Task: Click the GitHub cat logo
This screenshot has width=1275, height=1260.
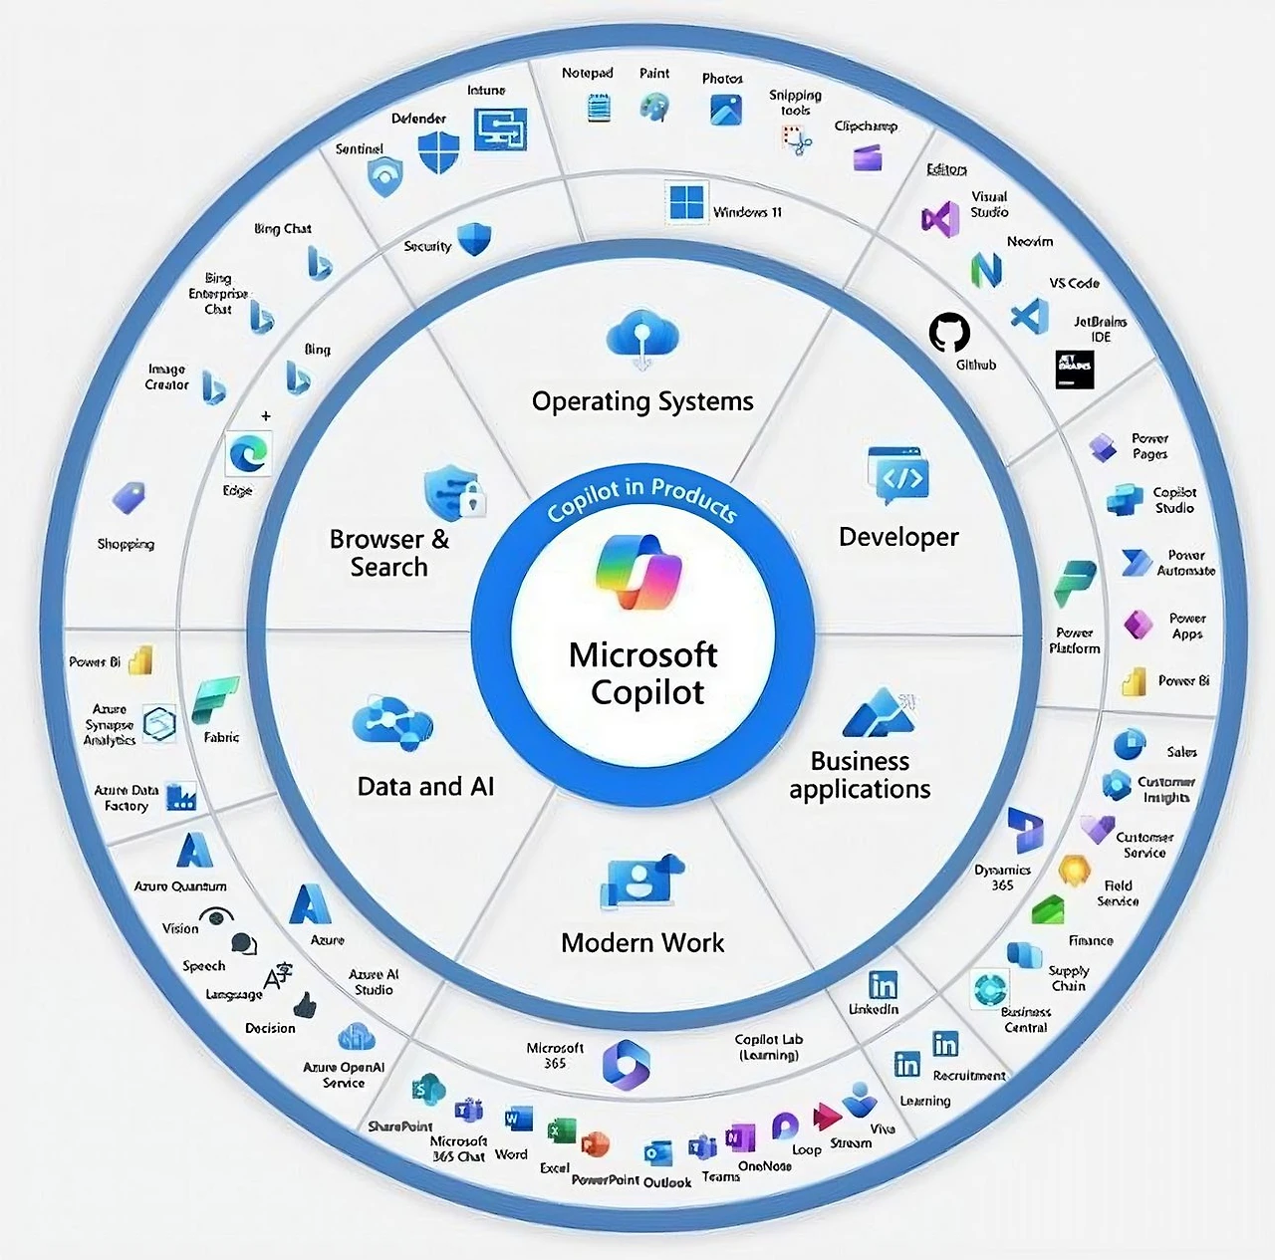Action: click(x=949, y=333)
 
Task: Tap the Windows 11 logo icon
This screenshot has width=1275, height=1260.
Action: click(x=686, y=203)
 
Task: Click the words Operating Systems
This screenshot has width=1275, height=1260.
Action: click(x=642, y=401)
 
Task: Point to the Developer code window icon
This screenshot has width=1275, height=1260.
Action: click(x=898, y=473)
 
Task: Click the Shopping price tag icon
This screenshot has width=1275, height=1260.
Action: click(x=128, y=497)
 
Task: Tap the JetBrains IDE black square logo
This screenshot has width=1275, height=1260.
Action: click(x=1075, y=369)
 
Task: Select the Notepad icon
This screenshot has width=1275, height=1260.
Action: click(x=599, y=108)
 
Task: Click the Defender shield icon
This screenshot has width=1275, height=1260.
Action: click(x=437, y=152)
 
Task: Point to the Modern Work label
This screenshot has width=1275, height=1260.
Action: click(x=642, y=942)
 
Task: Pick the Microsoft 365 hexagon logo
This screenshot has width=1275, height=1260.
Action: click(x=627, y=1063)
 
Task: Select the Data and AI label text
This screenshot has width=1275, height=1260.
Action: click(x=425, y=786)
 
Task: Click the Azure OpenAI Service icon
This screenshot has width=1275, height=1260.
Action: click(x=356, y=1038)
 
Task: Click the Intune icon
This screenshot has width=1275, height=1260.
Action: click(x=500, y=128)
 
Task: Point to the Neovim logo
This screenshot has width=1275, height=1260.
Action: click(x=986, y=269)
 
